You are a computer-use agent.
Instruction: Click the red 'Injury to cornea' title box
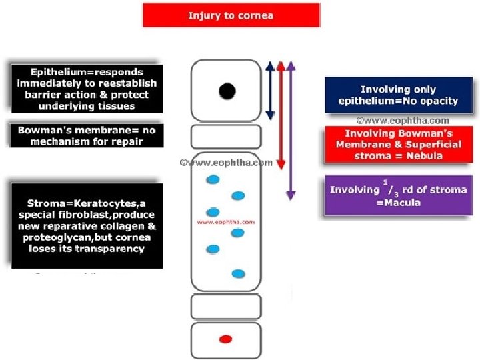pos(231,15)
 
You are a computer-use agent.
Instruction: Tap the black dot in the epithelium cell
pos(227,91)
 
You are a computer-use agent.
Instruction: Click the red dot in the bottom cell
pos(226,339)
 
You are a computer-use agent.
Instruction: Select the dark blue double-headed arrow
pos(270,91)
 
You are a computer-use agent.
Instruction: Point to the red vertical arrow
pos(281,115)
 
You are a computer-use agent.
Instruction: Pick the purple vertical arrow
pos(291,131)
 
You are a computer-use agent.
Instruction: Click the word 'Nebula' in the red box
pos(425,156)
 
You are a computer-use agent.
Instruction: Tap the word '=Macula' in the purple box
pos(398,203)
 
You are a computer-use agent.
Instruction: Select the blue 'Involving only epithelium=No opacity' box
pos(399,95)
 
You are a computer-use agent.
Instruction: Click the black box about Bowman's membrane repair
pos(87,135)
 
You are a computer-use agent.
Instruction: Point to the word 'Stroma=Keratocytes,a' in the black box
pos(86,203)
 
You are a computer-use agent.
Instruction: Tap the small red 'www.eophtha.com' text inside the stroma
pos(226,222)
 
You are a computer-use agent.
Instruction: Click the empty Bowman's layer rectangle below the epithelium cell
pos(226,137)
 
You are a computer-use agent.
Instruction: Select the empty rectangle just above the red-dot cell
pos(226,307)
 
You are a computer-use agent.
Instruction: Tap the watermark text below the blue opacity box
pos(403,121)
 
